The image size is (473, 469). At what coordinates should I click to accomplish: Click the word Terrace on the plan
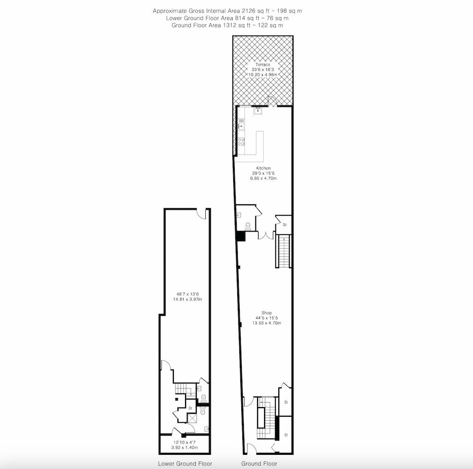coord(261,64)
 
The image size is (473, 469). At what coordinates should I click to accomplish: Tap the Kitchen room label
coord(263,168)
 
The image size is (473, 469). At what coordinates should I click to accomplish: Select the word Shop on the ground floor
coord(267,313)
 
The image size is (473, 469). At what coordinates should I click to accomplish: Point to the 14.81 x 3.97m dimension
coord(188,299)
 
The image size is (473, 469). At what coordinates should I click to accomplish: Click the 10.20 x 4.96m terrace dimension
coord(263,75)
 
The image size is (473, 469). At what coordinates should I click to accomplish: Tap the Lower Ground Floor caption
coord(185,463)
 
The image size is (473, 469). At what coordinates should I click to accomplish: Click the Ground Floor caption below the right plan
coord(259,463)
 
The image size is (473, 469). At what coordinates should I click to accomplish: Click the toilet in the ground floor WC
coord(248,226)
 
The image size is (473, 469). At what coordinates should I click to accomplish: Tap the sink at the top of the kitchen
coord(258,110)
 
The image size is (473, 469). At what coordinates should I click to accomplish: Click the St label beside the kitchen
coord(285,225)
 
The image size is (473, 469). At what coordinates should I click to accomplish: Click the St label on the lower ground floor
coord(190,408)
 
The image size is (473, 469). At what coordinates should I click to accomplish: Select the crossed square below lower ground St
coord(193,418)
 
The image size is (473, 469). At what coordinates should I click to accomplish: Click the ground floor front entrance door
coord(250,449)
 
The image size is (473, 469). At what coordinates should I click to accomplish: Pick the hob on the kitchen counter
coord(241,145)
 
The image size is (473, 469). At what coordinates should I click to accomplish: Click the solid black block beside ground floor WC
coord(240,236)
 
